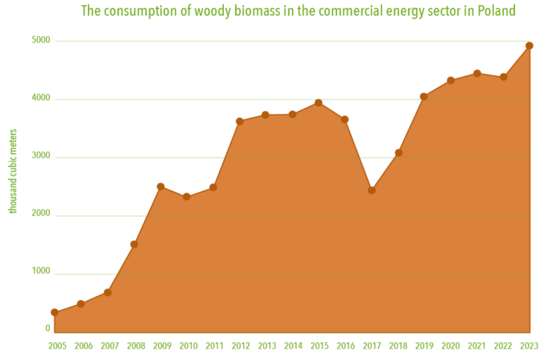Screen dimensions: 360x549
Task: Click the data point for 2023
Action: [x=529, y=46]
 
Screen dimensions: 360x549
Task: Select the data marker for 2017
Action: [x=371, y=190]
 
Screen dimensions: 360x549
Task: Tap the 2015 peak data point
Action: [x=318, y=103]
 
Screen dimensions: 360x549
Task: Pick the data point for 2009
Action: [x=160, y=186]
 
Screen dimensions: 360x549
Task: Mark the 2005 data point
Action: [x=55, y=312]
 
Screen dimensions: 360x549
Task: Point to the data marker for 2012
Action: [x=240, y=122]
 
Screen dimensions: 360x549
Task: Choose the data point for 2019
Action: [x=424, y=97]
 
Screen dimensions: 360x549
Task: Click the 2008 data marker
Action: [x=134, y=244]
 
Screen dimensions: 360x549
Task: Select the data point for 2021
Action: [x=477, y=73]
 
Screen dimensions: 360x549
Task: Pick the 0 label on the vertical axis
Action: [x=48, y=328]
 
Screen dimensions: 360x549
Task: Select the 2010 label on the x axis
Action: [x=189, y=346]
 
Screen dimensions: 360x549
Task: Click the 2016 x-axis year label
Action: [x=347, y=346]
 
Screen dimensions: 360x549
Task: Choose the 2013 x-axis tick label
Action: [x=268, y=346]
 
